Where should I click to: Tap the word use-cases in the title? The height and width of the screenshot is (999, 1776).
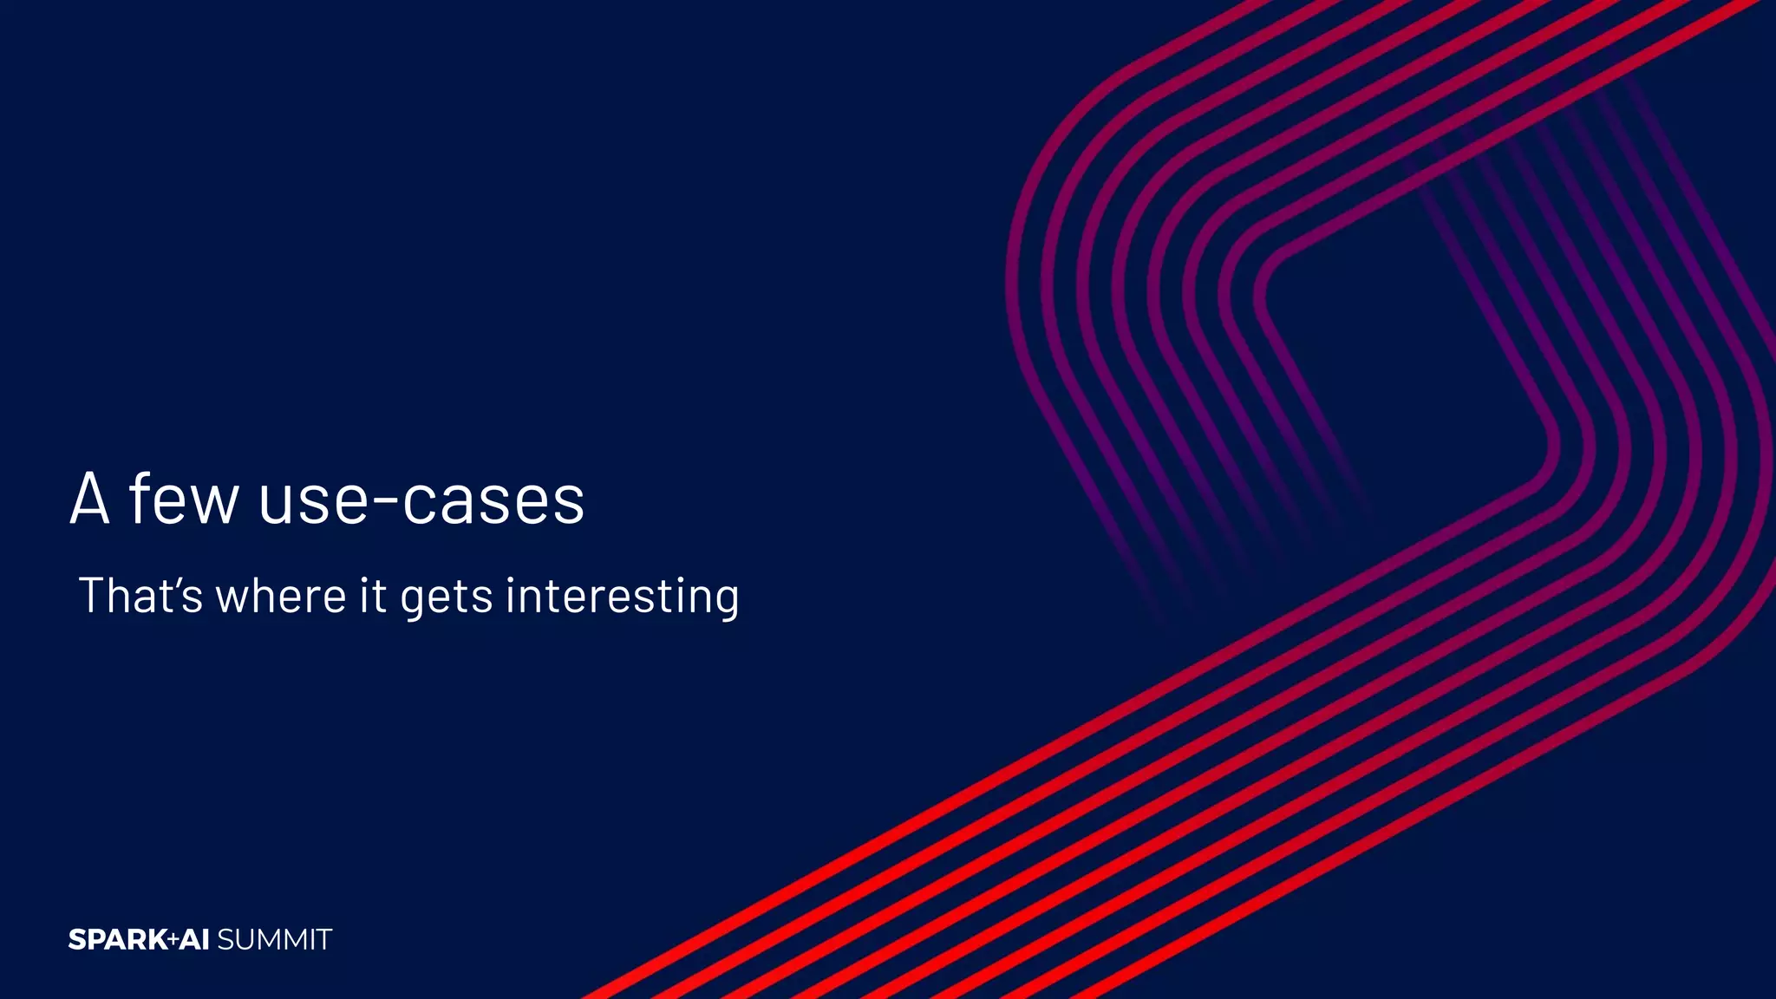(421, 500)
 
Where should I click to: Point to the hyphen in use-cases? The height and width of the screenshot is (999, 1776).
(384, 503)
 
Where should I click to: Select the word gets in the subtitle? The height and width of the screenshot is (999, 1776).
(446, 597)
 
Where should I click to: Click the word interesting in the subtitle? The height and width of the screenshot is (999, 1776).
(622, 597)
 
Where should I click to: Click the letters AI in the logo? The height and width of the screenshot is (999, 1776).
(194, 940)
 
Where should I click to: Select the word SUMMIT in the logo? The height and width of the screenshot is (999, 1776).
(274, 940)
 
